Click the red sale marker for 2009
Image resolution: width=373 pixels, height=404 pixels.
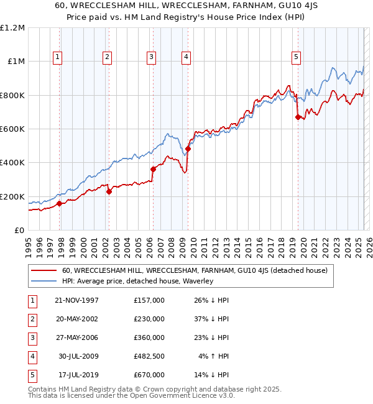pyautogui.click(x=188, y=149)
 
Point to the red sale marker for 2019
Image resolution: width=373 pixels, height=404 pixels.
pyautogui.click(x=298, y=117)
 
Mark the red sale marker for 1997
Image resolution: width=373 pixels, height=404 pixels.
pyautogui.click(x=60, y=203)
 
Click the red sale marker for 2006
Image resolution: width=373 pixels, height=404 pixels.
pyautogui.click(x=153, y=169)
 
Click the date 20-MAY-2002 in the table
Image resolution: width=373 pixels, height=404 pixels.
pyautogui.click(x=76, y=319)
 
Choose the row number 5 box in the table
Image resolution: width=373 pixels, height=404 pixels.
pyautogui.click(x=32, y=375)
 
